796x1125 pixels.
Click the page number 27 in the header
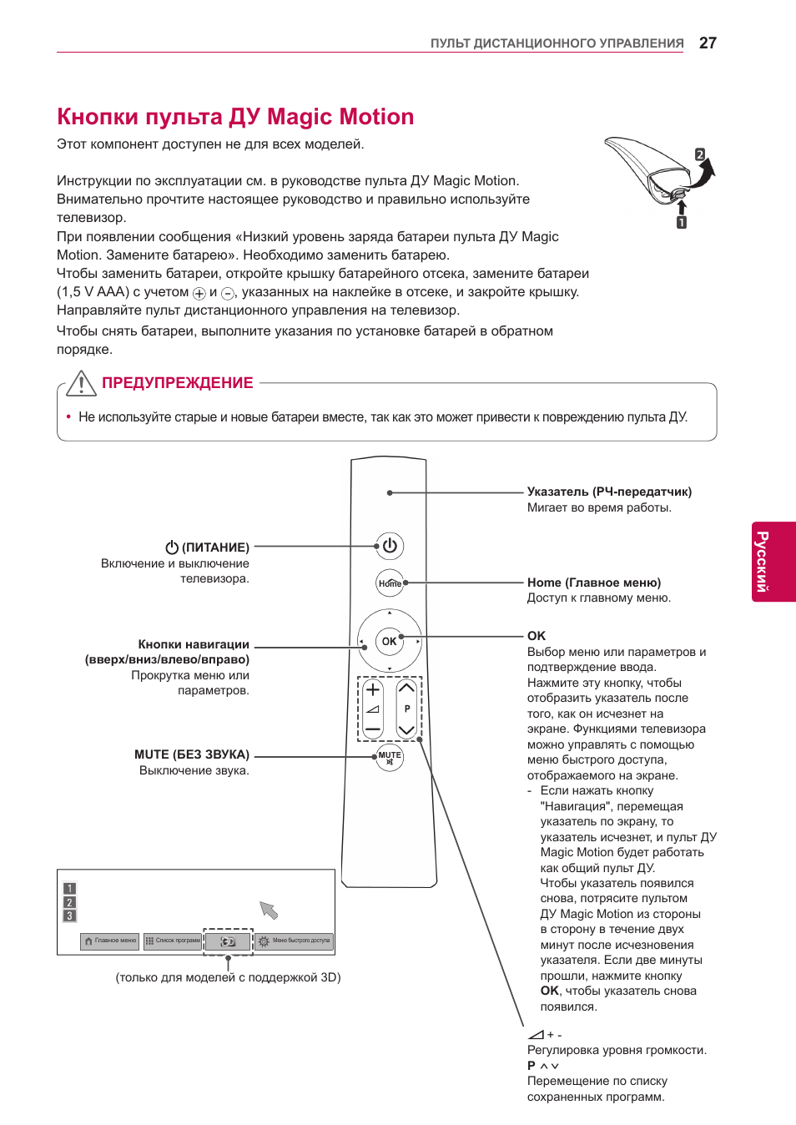tap(708, 43)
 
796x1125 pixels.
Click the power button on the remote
tap(390, 546)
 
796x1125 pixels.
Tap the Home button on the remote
tap(390, 583)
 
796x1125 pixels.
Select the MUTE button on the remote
tap(390, 758)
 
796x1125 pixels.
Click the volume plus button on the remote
tap(373, 689)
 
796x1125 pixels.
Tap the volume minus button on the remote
tap(373, 729)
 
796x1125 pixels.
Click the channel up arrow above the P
tap(406, 689)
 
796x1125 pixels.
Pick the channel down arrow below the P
tap(406, 729)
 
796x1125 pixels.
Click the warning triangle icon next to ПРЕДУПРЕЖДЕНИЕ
tap(81, 383)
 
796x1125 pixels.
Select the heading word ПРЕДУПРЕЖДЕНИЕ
tap(177, 383)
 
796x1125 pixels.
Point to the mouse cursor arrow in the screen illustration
tap(268, 910)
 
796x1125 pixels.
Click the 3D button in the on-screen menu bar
tap(228, 941)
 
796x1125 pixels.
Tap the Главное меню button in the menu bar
tap(110, 941)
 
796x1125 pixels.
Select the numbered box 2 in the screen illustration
tap(70, 902)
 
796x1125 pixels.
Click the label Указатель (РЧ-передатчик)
tap(609, 492)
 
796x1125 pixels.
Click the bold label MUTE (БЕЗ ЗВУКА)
tap(192, 754)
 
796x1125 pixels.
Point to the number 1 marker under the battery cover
tap(682, 223)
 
